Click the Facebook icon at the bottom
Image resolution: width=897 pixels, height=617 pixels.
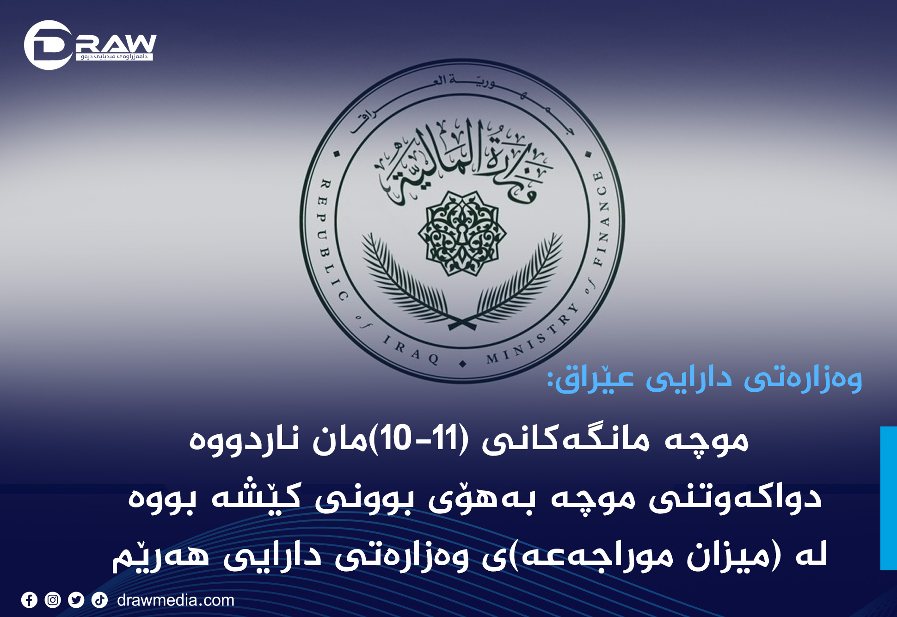pyautogui.click(x=29, y=600)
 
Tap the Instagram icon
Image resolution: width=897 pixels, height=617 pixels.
pyautogui.click(x=53, y=600)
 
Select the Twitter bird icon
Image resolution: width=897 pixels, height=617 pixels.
pyautogui.click(x=76, y=600)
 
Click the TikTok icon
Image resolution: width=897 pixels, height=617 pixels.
pyautogui.click(x=99, y=600)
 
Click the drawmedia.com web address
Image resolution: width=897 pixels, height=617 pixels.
pyautogui.click(x=176, y=600)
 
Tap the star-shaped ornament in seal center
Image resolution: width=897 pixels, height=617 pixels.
pyautogui.click(x=462, y=233)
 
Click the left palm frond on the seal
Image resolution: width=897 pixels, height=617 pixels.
pyautogui.click(x=407, y=282)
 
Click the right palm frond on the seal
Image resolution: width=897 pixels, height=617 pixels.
pyautogui.click(x=518, y=282)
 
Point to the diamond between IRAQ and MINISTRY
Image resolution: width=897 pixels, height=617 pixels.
pyautogui.click(x=463, y=364)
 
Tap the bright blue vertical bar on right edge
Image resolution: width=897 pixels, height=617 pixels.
pyautogui.click(x=889, y=498)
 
